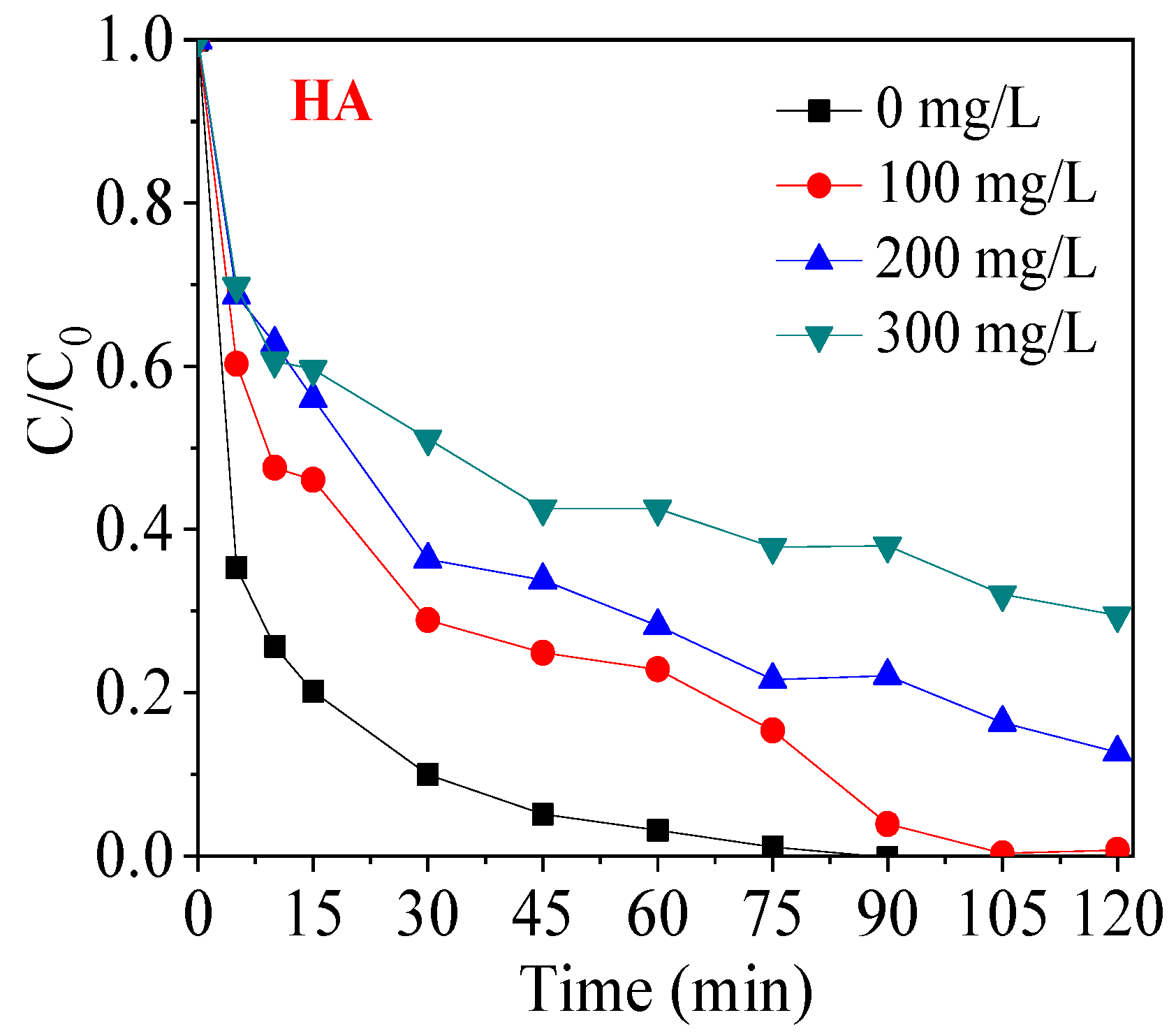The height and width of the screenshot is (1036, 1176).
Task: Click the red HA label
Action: click(331, 103)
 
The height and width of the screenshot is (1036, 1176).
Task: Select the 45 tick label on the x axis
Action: click(542, 914)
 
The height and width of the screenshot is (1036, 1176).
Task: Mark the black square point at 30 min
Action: click(427, 775)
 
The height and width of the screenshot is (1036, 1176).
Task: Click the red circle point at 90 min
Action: click(887, 824)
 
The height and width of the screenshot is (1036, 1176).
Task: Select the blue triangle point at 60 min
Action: click(657, 624)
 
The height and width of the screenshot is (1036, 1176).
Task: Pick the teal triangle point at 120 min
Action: click(1117, 618)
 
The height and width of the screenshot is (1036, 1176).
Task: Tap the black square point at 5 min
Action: click(237, 568)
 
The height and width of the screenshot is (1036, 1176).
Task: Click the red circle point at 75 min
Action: click(772, 731)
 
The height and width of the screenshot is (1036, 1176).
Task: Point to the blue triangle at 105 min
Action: click(1002, 720)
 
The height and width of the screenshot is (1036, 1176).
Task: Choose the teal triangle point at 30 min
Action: click(427, 441)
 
